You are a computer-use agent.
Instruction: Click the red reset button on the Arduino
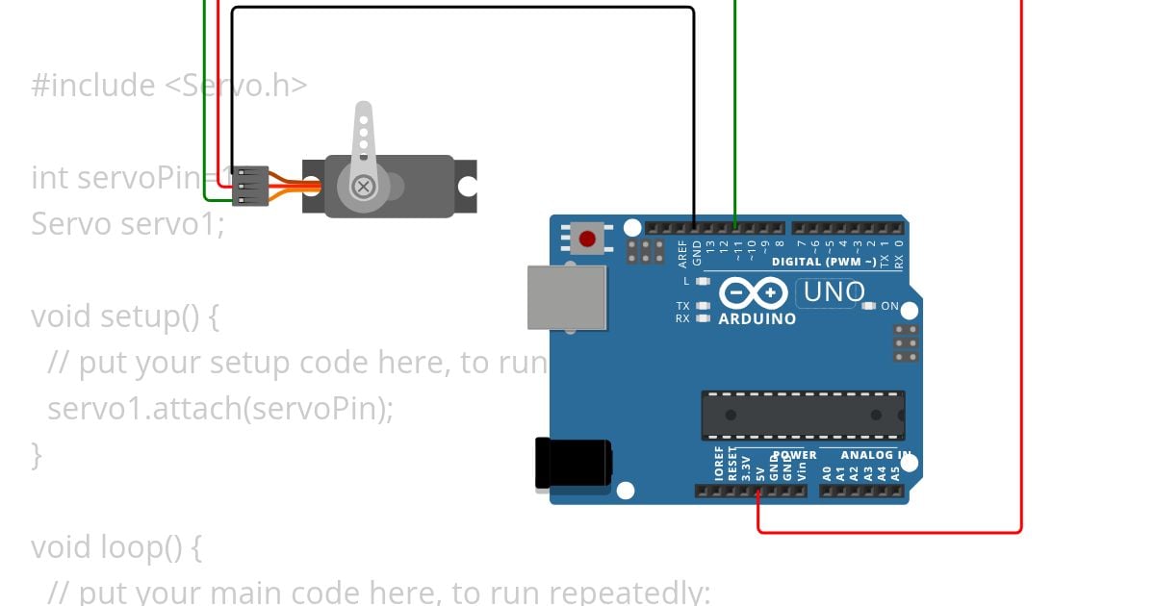[586, 237]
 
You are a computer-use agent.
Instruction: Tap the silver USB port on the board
[567, 297]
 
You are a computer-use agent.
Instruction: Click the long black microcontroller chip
[803, 415]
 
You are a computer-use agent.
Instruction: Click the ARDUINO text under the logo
[757, 318]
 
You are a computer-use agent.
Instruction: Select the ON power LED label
[889, 306]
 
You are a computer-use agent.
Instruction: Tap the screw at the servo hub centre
[363, 187]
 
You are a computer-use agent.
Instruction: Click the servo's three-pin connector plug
[250, 185]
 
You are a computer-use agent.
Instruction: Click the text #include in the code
[93, 85]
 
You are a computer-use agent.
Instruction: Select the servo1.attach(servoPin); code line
[220, 408]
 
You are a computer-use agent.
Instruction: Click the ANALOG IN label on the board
[876, 455]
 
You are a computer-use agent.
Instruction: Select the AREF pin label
[682, 253]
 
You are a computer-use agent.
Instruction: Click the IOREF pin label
[719, 463]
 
